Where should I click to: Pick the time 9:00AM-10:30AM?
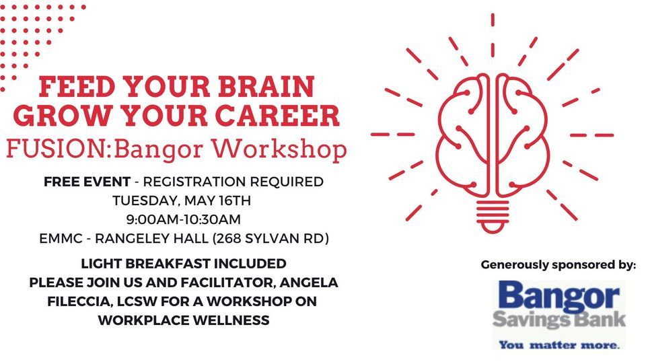(184, 219)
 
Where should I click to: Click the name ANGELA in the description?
(306, 283)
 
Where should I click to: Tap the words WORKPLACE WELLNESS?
(184, 321)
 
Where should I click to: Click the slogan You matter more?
(559, 345)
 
